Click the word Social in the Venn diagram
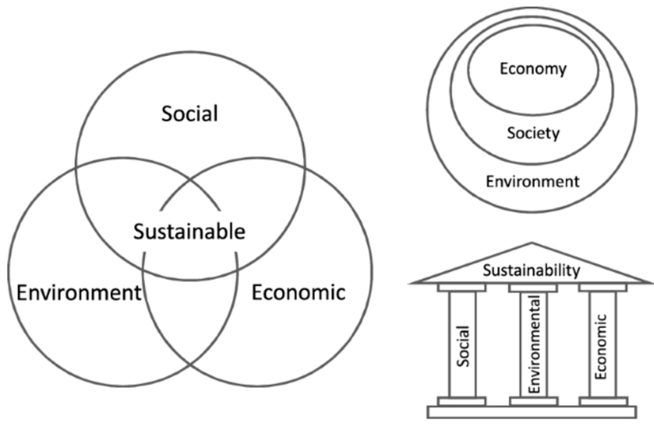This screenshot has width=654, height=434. pyautogui.click(x=190, y=114)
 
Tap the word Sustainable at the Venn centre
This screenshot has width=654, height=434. pyautogui.click(x=189, y=232)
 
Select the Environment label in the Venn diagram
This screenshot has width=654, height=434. pyautogui.click(x=79, y=293)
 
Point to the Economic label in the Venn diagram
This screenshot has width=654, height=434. pyautogui.click(x=298, y=293)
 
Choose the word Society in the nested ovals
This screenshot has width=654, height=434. pyautogui.click(x=533, y=133)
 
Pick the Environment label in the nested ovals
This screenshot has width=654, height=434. pyautogui.click(x=532, y=182)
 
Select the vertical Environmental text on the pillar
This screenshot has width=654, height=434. pyautogui.click(x=534, y=344)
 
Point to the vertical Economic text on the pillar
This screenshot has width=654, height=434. pyautogui.click(x=600, y=346)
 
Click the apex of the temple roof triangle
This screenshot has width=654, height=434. pyautogui.click(x=532, y=243)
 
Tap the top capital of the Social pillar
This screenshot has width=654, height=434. pyautogui.click(x=462, y=288)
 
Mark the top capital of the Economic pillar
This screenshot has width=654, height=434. pyautogui.click(x=603, y=288)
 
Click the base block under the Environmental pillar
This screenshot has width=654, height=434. pyautogui.click(x=534, y=402)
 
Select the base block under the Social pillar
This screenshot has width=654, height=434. pyautogui.click(x=462, y=402)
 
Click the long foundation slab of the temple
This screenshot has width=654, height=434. pyautogui.click(x=532, y=412)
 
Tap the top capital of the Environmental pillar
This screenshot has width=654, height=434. pyautogui.click(x=533, y=288)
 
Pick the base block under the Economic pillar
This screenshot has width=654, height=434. pyautogui.click(x=604, y=402)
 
